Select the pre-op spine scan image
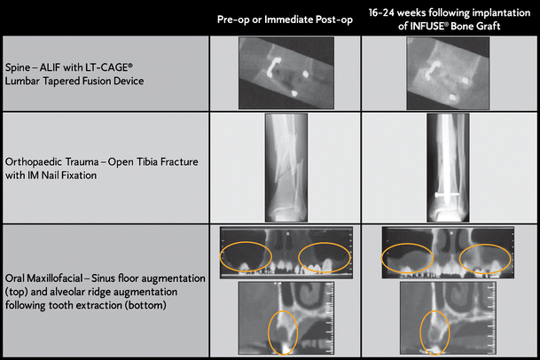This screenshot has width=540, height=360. click(286, 72)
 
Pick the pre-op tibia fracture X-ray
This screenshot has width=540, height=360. click(286, 168)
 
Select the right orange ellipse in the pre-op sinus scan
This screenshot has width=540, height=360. click(325, 256)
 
